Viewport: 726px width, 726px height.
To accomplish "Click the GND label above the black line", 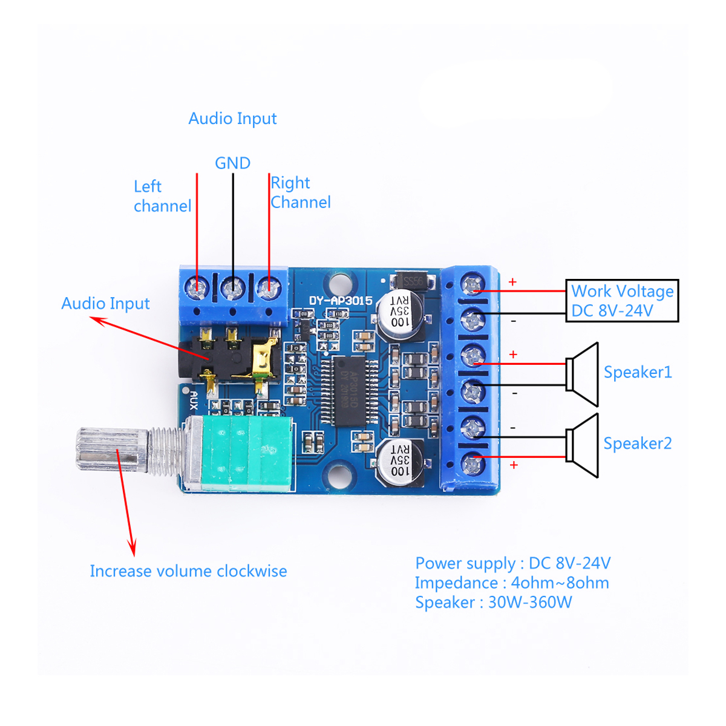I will [x=232, y=163].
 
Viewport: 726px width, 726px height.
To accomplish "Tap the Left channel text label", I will [x=162, y=196].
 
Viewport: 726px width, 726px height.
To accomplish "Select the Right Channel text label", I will [x=300, y=192].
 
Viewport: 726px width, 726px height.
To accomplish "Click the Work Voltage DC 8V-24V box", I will [x=622, y=301].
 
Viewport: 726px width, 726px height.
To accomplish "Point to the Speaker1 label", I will [x=638, y=372].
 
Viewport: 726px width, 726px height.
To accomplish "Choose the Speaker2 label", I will [x=638, y=443].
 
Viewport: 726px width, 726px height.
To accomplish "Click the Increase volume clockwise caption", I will [x=188, y=571].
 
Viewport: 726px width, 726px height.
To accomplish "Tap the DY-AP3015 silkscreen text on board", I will [x=341, y=301].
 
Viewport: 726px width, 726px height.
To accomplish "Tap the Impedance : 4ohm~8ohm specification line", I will [x=512, y=583].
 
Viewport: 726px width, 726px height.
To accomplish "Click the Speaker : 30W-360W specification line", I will [x=493, y=603].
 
